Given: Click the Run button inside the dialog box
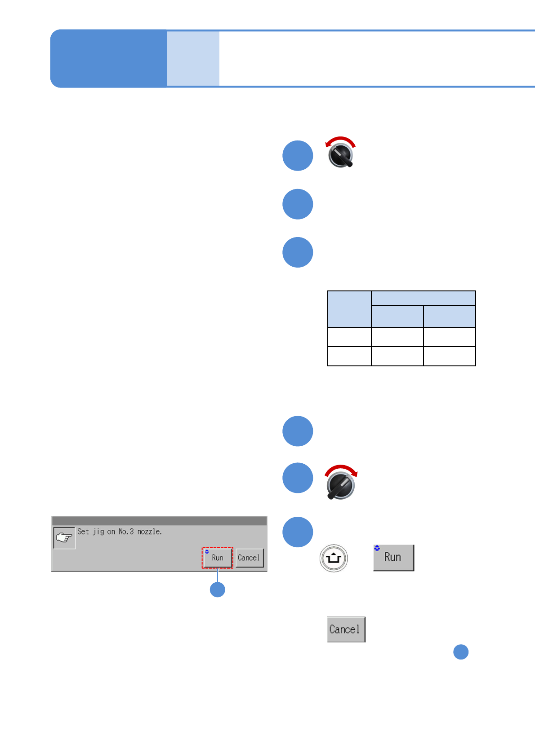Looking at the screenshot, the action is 217,558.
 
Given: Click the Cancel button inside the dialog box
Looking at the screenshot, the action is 249,558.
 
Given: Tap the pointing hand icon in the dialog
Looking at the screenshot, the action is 64,537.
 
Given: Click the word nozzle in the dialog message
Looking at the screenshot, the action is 149,532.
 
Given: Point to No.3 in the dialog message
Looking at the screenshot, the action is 126,532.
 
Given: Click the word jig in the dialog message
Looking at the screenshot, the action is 98,532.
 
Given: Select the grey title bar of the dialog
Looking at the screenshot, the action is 159,521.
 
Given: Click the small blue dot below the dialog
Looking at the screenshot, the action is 218,589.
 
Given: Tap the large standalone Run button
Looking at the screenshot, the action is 393,558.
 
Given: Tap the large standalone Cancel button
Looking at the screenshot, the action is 346,629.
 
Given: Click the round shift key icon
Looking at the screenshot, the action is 334,558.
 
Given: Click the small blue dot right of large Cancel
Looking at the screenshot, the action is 461,652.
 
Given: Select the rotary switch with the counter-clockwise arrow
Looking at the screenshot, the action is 341,156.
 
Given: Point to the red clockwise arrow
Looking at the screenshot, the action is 341,469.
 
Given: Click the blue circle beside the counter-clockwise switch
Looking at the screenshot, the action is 298,156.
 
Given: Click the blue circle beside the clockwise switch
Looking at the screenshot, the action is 298,478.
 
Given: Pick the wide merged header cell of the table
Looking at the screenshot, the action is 423,298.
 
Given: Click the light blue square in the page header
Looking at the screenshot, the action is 193,58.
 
